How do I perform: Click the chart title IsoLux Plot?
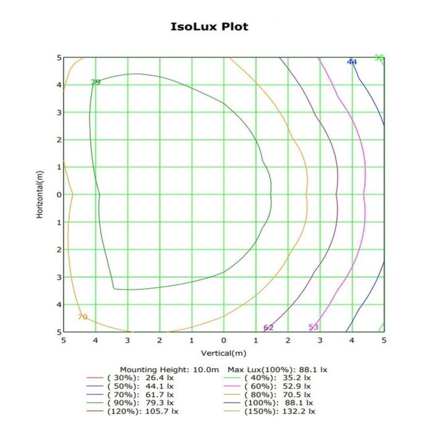click(x=209, y=27)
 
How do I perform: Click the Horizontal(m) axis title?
click(x=40, y=195)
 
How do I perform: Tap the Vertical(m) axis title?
click(x=224, y=353)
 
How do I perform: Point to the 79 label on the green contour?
click(x=96, y=82)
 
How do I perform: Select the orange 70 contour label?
click(x=83, y=317)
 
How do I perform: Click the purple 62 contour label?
click(x=268, y=327)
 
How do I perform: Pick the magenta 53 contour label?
click(x=313, y=327)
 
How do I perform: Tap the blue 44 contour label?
click(x=352, y=62)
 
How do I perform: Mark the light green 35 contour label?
click(x=379, y=58)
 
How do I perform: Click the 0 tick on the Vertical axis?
click(x=224, y=340)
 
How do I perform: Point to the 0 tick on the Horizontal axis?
click(x=59, y=195)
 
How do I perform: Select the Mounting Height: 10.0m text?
click(x=169, y=370)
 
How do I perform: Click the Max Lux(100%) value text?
click(x=277, y=370)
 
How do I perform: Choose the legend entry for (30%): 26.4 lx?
click(x=130, y=378)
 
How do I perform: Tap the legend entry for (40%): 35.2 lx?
click(x=267, y=378)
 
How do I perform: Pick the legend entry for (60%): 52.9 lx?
click(x=267, y=386)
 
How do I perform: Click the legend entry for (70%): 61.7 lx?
click(x=130, y=395)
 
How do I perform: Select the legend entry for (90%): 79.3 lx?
click(x=130, y=403)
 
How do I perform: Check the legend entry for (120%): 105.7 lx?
click(x=132, y=411)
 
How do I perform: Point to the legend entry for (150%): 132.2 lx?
click(x=269, y=411)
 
